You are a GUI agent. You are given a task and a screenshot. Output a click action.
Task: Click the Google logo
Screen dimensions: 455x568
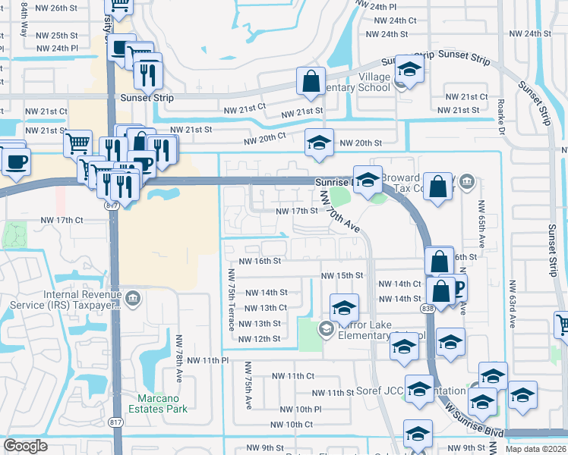(x=25, y=446)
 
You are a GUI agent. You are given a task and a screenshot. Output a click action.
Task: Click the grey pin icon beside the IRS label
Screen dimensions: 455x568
(x=134, y=297)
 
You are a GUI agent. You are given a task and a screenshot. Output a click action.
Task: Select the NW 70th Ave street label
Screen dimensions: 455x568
(x=339, y=211)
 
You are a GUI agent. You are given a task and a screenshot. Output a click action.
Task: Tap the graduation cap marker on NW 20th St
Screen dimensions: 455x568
(x=320, y=142)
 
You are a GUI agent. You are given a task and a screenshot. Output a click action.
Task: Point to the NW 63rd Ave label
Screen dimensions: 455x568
(x=513, y=303)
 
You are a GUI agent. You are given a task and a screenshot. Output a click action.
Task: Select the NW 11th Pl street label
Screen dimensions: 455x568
(x=204, y=360)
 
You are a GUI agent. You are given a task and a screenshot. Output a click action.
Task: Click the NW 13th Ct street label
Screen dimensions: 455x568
(x=263, y=308)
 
